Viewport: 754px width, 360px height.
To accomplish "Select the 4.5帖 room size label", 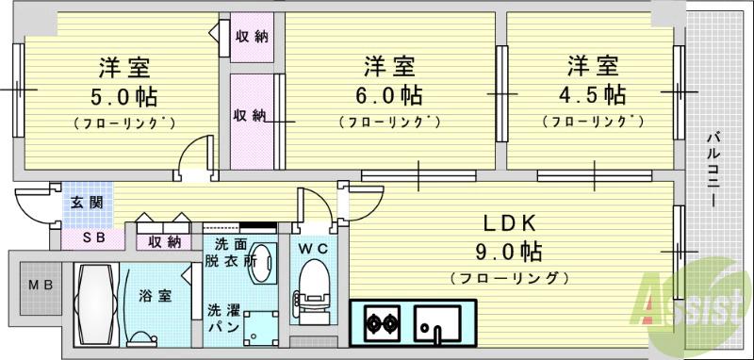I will coord(592,95).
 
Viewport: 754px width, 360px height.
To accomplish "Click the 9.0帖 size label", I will coord(510,252).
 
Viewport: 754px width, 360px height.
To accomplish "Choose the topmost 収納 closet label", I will coord(251,37).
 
